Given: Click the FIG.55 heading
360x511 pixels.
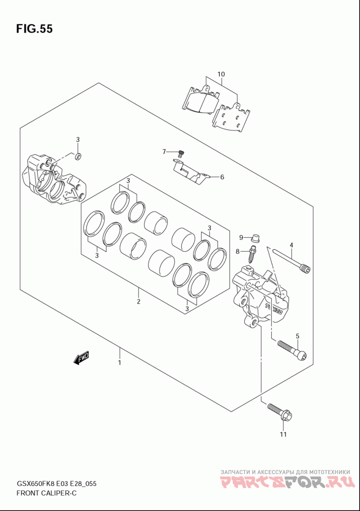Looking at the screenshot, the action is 34,29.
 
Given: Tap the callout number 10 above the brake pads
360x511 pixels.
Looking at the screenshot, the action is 221,74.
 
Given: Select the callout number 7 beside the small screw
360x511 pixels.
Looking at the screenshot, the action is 164,151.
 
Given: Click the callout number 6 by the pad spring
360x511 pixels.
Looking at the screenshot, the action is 222,177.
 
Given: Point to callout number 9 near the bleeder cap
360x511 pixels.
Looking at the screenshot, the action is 241,237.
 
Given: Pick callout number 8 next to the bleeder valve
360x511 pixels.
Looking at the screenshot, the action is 238,251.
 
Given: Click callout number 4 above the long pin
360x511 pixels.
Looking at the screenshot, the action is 291,245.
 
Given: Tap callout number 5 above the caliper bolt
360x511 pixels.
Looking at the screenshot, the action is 297,336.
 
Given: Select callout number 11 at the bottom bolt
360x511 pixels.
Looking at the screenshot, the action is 283,434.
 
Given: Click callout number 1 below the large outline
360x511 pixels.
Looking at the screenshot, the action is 120,362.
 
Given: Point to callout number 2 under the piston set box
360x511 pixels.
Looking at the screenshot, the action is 139,302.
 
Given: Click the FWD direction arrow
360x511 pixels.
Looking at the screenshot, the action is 81,358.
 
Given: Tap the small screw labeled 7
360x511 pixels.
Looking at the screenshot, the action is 181,153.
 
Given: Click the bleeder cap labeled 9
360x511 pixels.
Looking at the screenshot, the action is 256,238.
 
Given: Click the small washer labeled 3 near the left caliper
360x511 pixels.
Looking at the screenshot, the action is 78,156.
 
